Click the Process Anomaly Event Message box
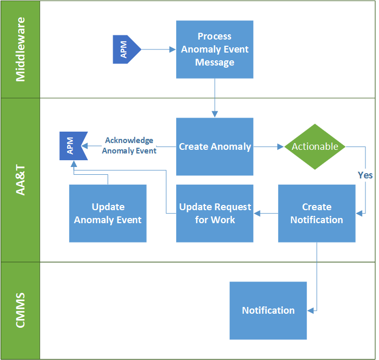(x=214, y=49)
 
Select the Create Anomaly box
(x=214, y=147)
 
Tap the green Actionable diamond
(x=315, y=147)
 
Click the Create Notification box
(x=317, y=213)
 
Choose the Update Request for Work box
(x=214, y=213)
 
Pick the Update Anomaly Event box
(x=108, y=213)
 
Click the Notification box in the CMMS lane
(x=268, y=311)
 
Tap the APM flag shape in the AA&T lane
(x=72, y=147)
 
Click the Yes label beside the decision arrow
(x=365, y=175)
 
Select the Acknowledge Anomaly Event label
(x=129, y=146)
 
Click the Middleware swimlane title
(x=20, y=49)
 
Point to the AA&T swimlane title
(x=20, y=179)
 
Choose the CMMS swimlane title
(x=20, y=311)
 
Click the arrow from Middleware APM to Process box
(x=159, y=49)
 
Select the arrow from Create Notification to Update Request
(x=266, y=213)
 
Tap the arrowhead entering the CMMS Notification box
(x=310, y=311)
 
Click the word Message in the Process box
(x=214, y=62)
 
